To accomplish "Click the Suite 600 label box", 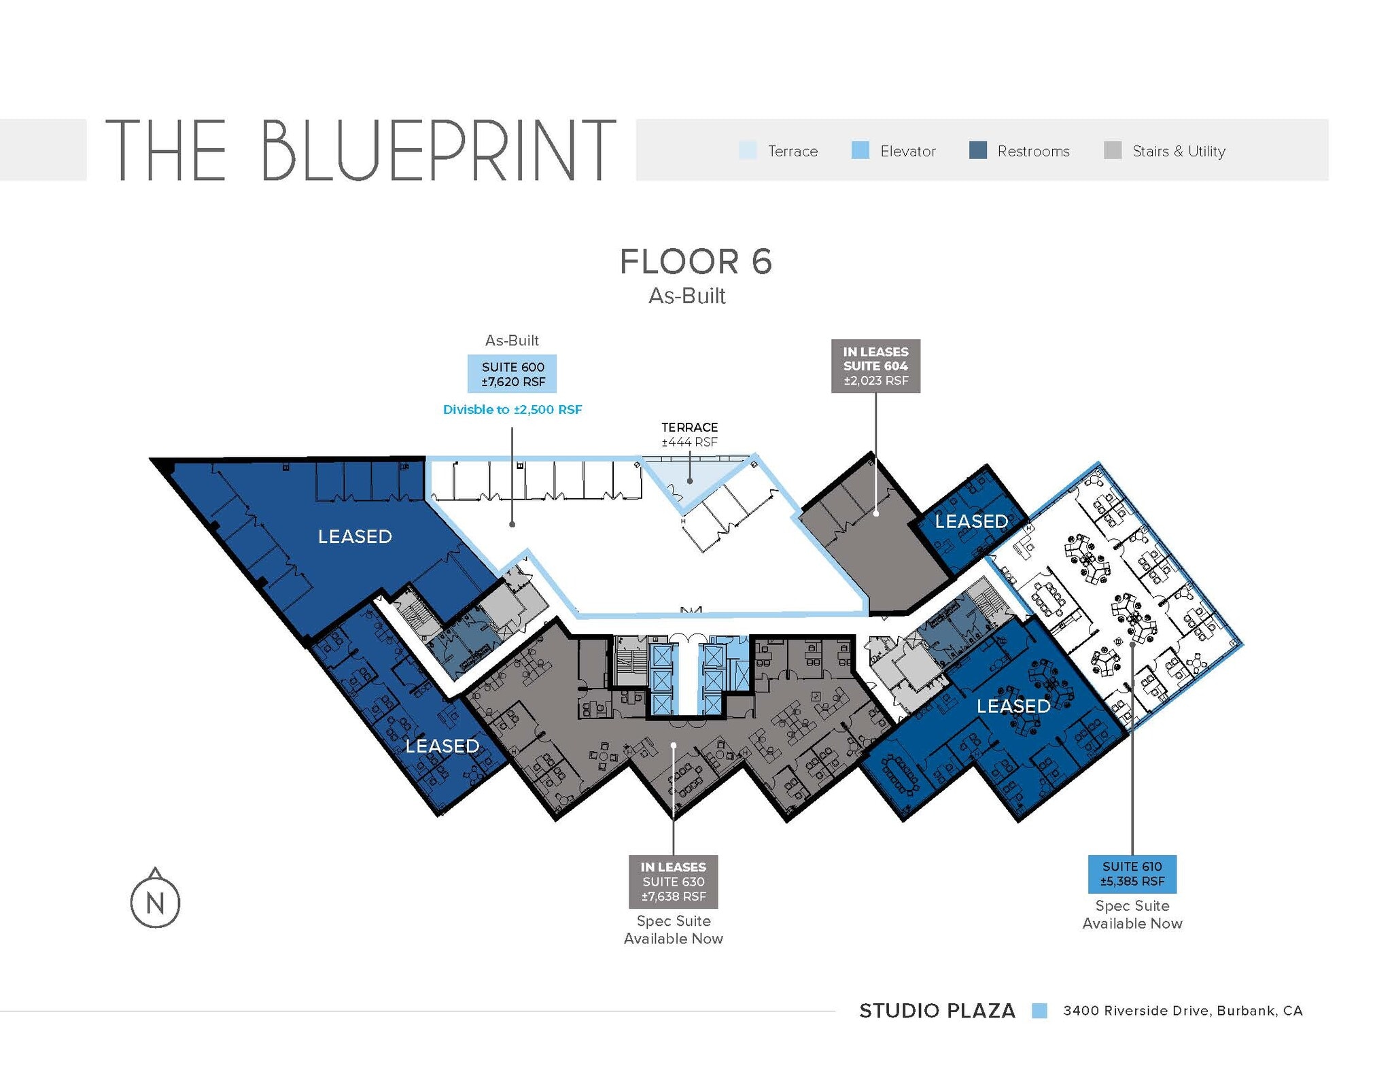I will pos(512,374).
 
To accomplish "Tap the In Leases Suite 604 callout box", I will pos(875,366).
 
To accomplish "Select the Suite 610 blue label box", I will pos(1132,874).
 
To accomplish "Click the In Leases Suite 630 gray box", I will pos(673,882).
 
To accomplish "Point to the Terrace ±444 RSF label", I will pos(689,434).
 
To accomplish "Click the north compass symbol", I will pos(155,901).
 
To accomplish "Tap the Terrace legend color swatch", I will pos(747,150).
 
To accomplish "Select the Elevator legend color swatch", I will pos(860,150).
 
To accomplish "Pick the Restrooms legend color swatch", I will pos(977,150).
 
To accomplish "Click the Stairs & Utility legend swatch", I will pos(1113,150).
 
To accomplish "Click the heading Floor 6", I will pos(695,262).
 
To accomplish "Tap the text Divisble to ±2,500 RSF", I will pos(512,410).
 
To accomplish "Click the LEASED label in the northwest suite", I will pos(355,536).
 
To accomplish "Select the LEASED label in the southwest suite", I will pos(442,746).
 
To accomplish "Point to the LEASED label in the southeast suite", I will pos(1013,706).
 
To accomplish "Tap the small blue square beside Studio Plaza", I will pos(1039,1011).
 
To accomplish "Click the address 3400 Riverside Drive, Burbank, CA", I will pos(1183,1011).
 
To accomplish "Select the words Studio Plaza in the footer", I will pos(937,1011).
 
